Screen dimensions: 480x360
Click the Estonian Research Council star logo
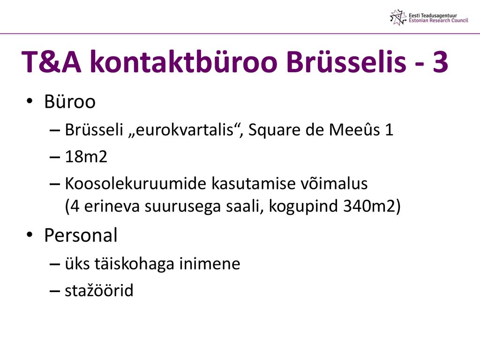pyautogui.click(x=398, y=17)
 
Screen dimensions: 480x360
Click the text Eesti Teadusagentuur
pyautogui.click(x=433, y=15)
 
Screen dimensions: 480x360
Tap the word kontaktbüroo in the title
pyautogui.click(x=183, y=61)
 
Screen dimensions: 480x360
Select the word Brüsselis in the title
pyautogui.click(x=346, y=61)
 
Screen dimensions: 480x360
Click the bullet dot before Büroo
pyautogui.click(x=30, y=101)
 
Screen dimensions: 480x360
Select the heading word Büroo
pyautogui.click(x=70, y=101)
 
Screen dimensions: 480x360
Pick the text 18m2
pyautogui.click(x=86, y=157)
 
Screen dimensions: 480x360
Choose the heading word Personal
pyautogui.click(x=81, y=235)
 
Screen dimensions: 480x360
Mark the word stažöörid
pyautogui.click(x=99, y=290)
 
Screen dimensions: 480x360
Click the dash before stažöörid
pyautogui.click(x=54, y=291)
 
